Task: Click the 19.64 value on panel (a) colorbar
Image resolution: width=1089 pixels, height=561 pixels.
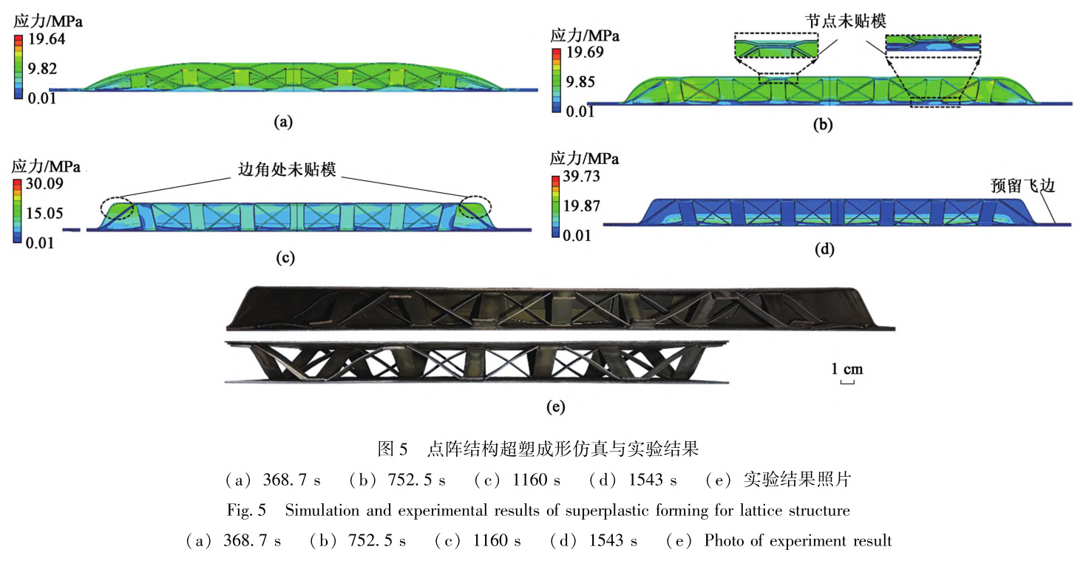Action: [46, 39]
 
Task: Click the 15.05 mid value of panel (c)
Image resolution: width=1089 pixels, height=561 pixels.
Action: [46, 213]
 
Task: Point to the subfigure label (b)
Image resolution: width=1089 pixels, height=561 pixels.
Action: [822, 125]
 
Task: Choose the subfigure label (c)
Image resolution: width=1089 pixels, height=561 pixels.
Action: [285, 257]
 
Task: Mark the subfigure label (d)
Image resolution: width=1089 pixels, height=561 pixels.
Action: [824, 250]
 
